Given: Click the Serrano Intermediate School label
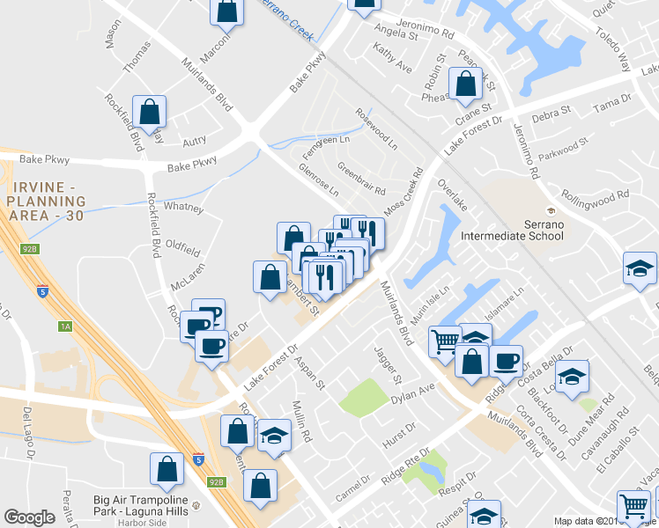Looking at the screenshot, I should (550, 230).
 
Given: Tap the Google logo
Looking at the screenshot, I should (29, 517).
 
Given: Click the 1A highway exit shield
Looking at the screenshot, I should (63, 326).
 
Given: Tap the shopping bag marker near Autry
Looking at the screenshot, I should (150, 112).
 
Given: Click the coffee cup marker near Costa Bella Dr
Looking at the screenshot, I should (507, 361).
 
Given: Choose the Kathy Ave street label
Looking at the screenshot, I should (392, 61).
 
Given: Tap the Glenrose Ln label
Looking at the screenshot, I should (319, 180).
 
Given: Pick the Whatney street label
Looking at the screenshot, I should (183, 208).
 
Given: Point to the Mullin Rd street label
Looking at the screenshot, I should (301, 422).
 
